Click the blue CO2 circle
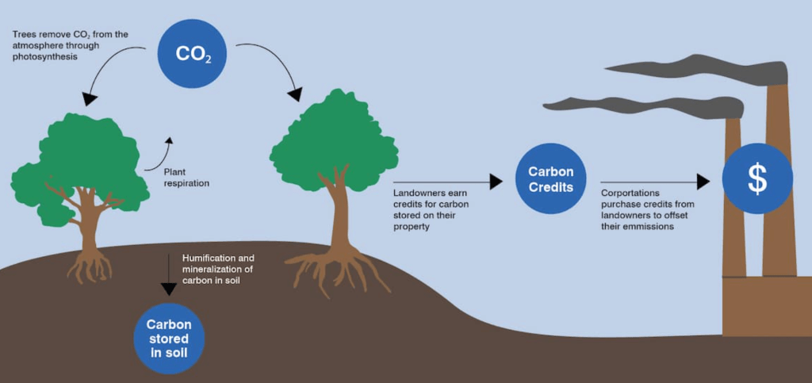click(192, 55)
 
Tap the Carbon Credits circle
click(550, 181)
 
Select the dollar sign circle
click(757, 179)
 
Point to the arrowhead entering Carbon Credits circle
click(496, 182)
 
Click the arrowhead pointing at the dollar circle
click(702, 182)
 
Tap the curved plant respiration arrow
click(158, 155)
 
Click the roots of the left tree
click(90, 265)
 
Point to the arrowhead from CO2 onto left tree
click(90, 99)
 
